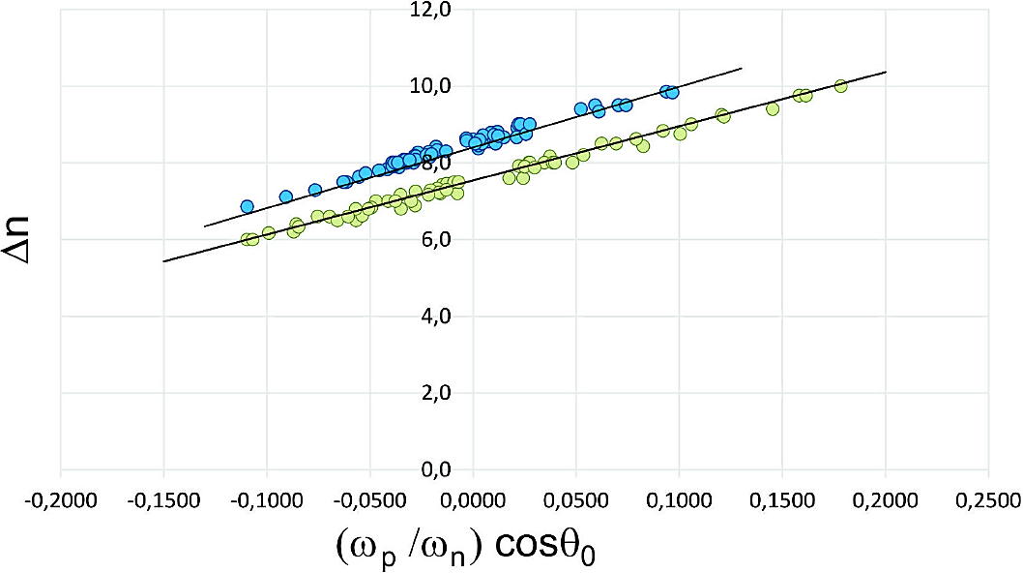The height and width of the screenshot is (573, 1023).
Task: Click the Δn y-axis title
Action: click(30, 239)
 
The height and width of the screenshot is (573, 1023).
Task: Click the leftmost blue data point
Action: click(248, 206)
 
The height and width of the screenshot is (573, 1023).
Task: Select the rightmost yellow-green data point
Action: click(840, 85)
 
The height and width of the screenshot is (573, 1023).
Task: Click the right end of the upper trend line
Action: click(741, 69)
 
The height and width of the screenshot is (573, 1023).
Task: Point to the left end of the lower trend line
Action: click(164, 261)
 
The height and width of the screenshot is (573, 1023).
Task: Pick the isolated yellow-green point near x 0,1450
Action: click(773, 108)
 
